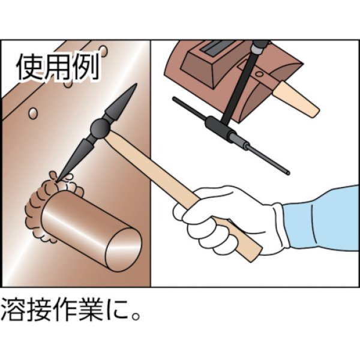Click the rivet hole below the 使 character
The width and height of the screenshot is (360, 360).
[x=34, y=112]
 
